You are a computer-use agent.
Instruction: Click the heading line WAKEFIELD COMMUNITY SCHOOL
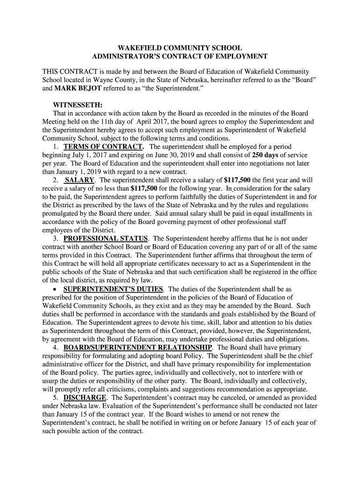[180, 48]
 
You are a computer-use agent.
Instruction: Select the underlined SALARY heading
[80, 181]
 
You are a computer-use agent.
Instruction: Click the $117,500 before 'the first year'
[237, 181]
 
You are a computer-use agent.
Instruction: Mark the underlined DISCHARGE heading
[85, 398]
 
